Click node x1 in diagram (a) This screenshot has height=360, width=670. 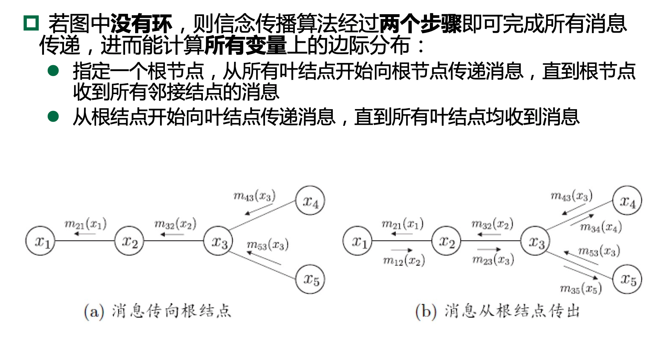coord(40,241)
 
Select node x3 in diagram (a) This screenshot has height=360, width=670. coord(218,241)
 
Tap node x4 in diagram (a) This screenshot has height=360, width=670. coord(310,201)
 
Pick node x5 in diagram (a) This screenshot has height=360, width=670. coord(310,279)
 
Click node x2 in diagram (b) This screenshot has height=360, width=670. coord(446,241)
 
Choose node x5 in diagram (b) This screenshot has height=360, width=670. coord(628,279)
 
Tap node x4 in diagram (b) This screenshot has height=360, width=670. coord(628,201)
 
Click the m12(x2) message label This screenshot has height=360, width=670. coord(404,261)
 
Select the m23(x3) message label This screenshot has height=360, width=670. coord(493,259)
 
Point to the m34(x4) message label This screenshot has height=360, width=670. coord(601,227)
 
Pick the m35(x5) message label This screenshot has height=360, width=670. coord(581,289)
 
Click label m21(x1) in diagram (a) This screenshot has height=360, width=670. coord(86,224)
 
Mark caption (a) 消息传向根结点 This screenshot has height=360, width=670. coord(157,311)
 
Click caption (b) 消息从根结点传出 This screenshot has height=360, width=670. coord(498,311)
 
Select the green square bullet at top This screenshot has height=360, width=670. coord(31,23)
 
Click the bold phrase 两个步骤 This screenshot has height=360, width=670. coord(420,23)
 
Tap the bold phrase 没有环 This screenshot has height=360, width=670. coord(141,23)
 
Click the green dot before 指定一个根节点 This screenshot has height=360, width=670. coord(54,71)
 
